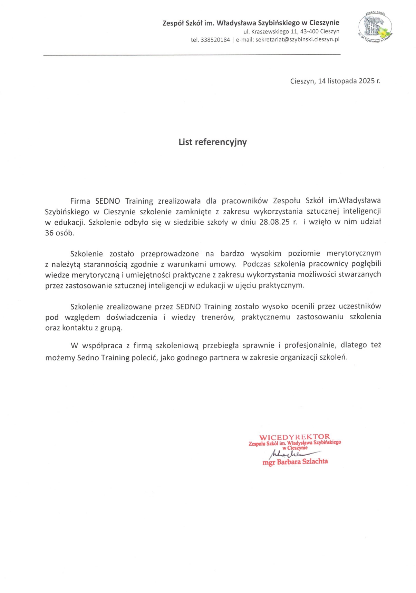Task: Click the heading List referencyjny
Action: click(x=212, y=142)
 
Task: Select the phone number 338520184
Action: click(x=215, y=40)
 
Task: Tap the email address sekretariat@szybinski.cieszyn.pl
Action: click(x=297, y=39)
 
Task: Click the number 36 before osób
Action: click(x=49, y=233)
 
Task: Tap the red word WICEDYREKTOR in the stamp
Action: click(x=294, y=437)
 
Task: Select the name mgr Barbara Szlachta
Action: click(x=295, y=462)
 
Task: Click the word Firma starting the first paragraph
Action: click(x=80, y=201)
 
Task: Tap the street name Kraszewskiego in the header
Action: click(x=270, y=31)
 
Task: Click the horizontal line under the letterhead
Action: click(x=192, y=55)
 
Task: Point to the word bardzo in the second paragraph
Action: click(x=232, y=254)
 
